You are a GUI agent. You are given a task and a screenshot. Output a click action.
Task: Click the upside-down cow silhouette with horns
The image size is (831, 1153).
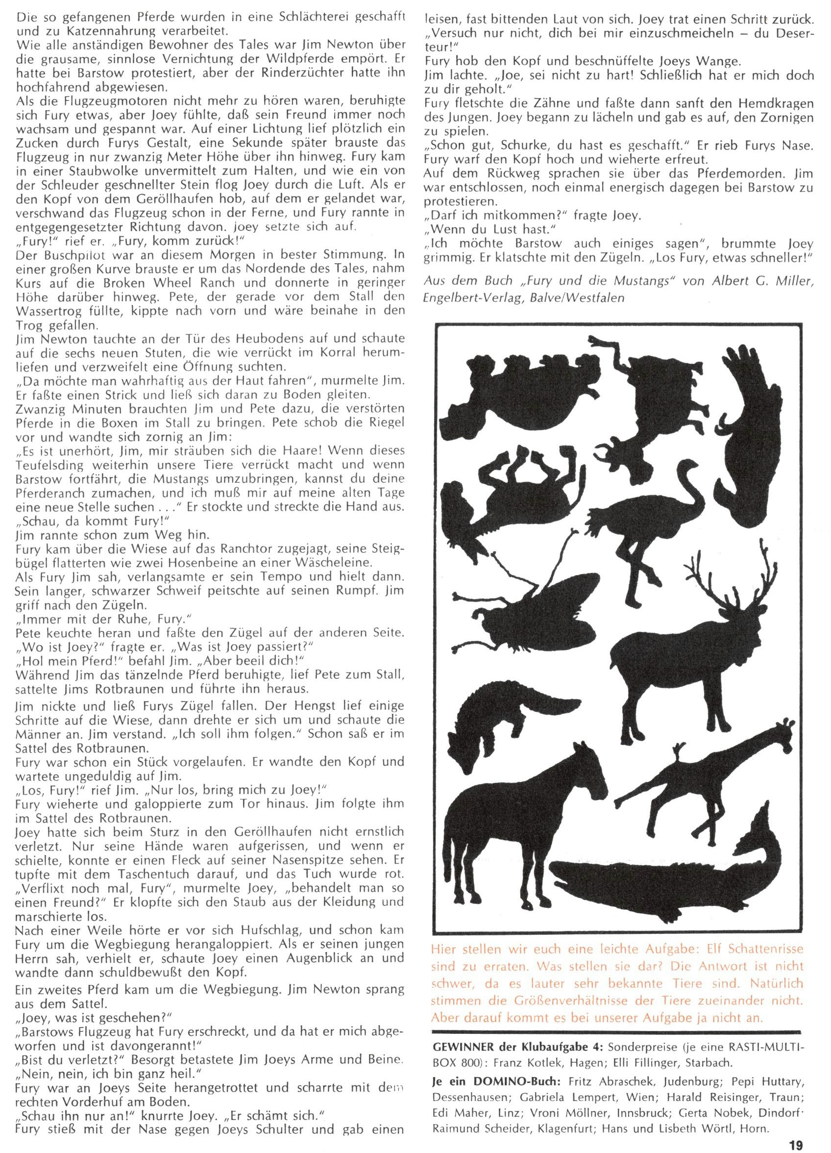pos(656,401)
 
